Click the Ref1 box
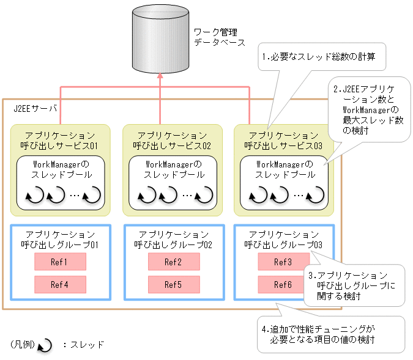pyautogui.click(x=60, y=262)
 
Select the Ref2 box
pyautogui.click(x=173, y=262)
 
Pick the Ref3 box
pyautogui.click(x=283, y=262)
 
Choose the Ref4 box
pyautogui.click(x=60, y=284)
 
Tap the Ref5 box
pyautogui.click(x=173, y=284)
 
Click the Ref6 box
pyautogui.click(x=283, y=284)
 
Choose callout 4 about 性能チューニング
pyautogui.click(x=330, y=334)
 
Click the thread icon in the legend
pyautogui.click(x=45, y=346)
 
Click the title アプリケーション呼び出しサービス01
pyautogui.click(x=60, y=140)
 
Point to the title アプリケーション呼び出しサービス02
pyautogui.click(x=172, y=140)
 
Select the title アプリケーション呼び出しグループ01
pyautogui.click(x=60, y=240)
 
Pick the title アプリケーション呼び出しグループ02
pyautogui.click(x=173, y=240)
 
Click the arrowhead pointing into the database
pyautogui.click(x=159, y=76)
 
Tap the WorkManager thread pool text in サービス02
pyautogui.click(x=172, y=169)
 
